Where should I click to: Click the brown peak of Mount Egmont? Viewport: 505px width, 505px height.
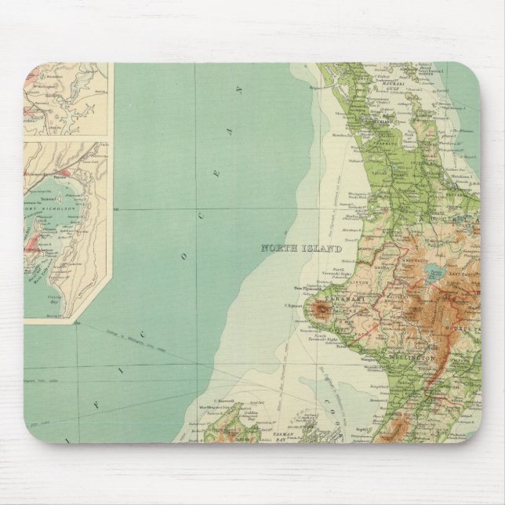[x=320, y=311]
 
